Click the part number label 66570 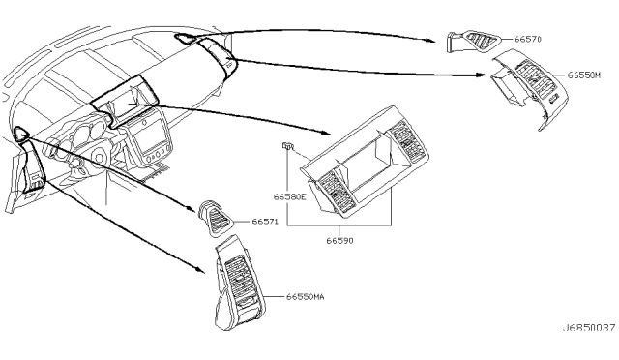(x=527, y=39)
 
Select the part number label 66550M (x=583, y=75)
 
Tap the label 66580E (x=290, y=196)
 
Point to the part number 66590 (x=339, y=240)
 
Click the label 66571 (x=265, y=222)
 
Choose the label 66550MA (x=306, y=296)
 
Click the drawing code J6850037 (x=589, y=328)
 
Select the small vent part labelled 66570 (x=474, y=41)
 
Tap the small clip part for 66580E (x=288, y=146)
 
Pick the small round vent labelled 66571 (x=215, y=219)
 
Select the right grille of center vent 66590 (x=406, y=141)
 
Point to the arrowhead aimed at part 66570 (x=431, y=40)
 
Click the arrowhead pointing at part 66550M (x=482, y=75)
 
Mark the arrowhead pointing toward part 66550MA (x=200, y=270)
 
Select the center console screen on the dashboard (x=147, y=135)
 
